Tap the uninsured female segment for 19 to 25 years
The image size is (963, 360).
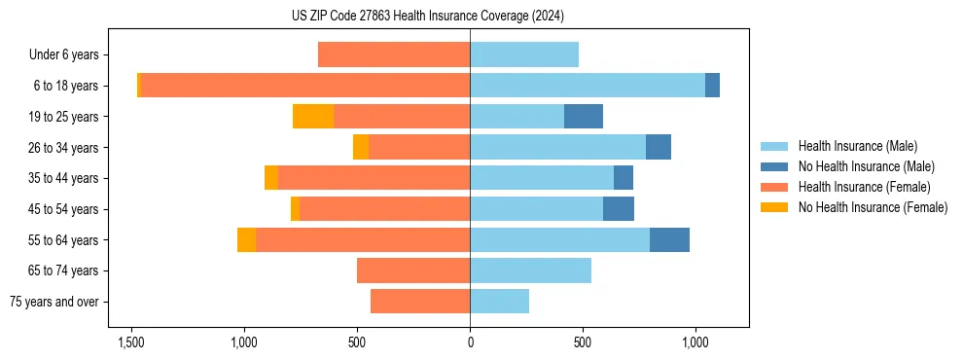pyautogui.click(x=312, y=117)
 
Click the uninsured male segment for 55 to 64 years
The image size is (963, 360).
pyautogui.click(x=669, y=240)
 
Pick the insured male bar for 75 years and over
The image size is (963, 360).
pyautogui.click(x=499, y=302)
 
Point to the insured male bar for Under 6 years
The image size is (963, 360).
pyautogui.click(x=524, y=55)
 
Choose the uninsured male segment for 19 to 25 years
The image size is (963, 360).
pyautogui.click(x=584, y=117)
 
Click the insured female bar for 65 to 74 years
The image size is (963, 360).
pyautogui.click(x=413, y=270)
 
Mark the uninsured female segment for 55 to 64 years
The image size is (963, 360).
pyautogui.click(x=246, y=240)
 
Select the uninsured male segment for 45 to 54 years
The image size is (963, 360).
pyautogui.click(x=619, y=209)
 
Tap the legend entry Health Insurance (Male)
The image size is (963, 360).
pyautogui.click(x=857, y=146)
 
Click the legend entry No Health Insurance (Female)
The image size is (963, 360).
pyautogui.click(x=873, y=207)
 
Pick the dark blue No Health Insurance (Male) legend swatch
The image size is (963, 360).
pyautogui.click(x=775, y=166)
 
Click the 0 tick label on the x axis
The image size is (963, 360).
pyautogui.click(x=470, y=342)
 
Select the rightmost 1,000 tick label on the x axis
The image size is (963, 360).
pyautogui.click(x=695, y=342)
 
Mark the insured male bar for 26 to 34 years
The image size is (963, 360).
pyautogui.click(x=557, y=148)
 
